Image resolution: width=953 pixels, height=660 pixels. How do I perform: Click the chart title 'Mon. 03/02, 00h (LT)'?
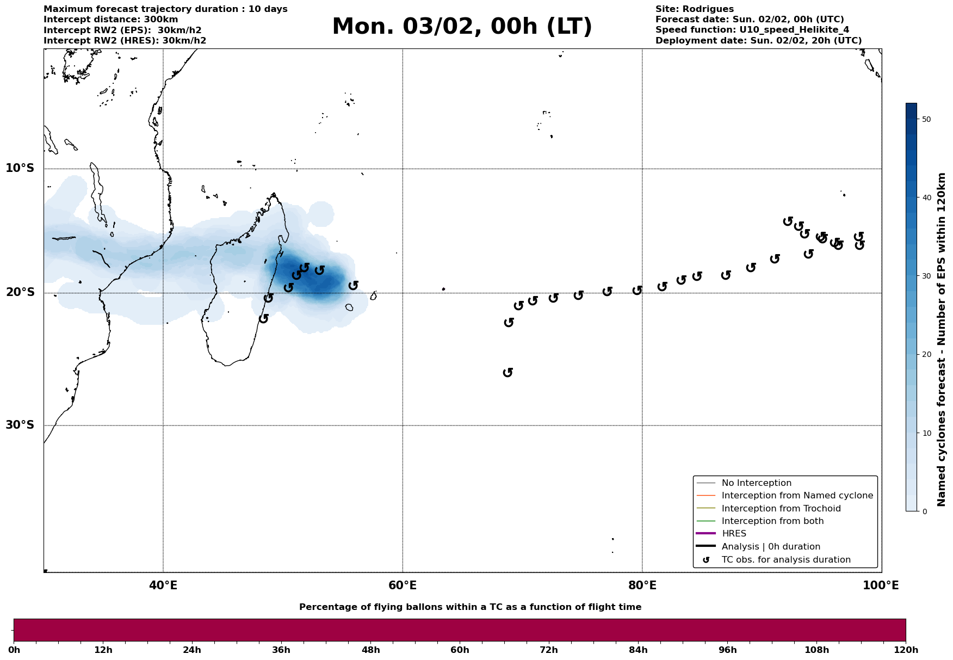[462, 27]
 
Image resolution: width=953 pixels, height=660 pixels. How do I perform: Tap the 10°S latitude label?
[20, 168]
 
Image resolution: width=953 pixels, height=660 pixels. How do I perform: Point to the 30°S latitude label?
[20, 425]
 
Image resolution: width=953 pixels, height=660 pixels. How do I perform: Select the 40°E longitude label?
[163, 586]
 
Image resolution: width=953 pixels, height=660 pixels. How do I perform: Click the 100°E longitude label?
[881, 586]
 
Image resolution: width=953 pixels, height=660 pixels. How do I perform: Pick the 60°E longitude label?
[403, 586]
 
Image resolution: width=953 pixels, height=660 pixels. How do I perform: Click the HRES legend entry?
[734, 534]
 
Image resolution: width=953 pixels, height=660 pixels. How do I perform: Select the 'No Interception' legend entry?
[756, 483]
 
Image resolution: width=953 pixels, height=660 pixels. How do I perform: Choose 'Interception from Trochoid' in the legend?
[781, 509]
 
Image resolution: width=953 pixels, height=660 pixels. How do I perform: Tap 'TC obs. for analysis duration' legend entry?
[785, 560]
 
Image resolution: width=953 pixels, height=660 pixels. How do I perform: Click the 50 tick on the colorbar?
[925, 119]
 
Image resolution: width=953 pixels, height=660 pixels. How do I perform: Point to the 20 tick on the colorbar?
[925, 355]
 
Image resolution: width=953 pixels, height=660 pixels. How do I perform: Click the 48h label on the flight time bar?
[370, 650]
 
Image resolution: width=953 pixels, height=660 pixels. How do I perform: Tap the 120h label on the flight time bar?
[905, 650]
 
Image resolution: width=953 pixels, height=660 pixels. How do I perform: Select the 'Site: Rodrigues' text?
[694, 9]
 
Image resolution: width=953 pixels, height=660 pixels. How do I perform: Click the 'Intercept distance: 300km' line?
[110, 20]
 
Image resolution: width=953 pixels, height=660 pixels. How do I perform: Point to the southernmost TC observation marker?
[508, 372]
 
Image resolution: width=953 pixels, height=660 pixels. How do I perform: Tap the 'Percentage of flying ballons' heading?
[470, 607]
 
